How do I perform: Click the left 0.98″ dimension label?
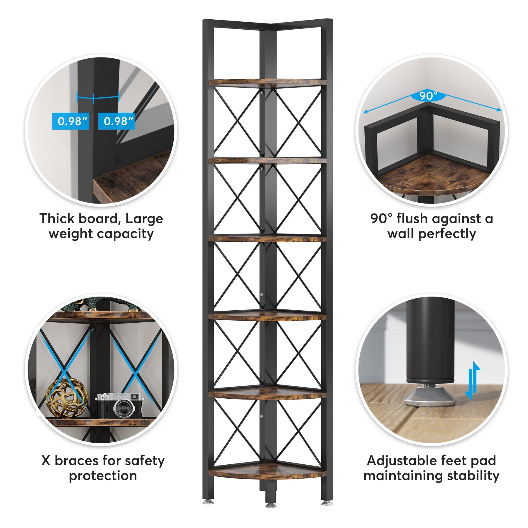tap(70, 121)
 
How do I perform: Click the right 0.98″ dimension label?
tap(116, 121)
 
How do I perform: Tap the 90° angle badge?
tap(428, 96)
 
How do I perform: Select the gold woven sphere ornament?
tap(67, 398)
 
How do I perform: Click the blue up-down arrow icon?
tap(473, 381)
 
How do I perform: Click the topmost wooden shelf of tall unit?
tap(267, 82)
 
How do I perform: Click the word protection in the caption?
tap(103, 475)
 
